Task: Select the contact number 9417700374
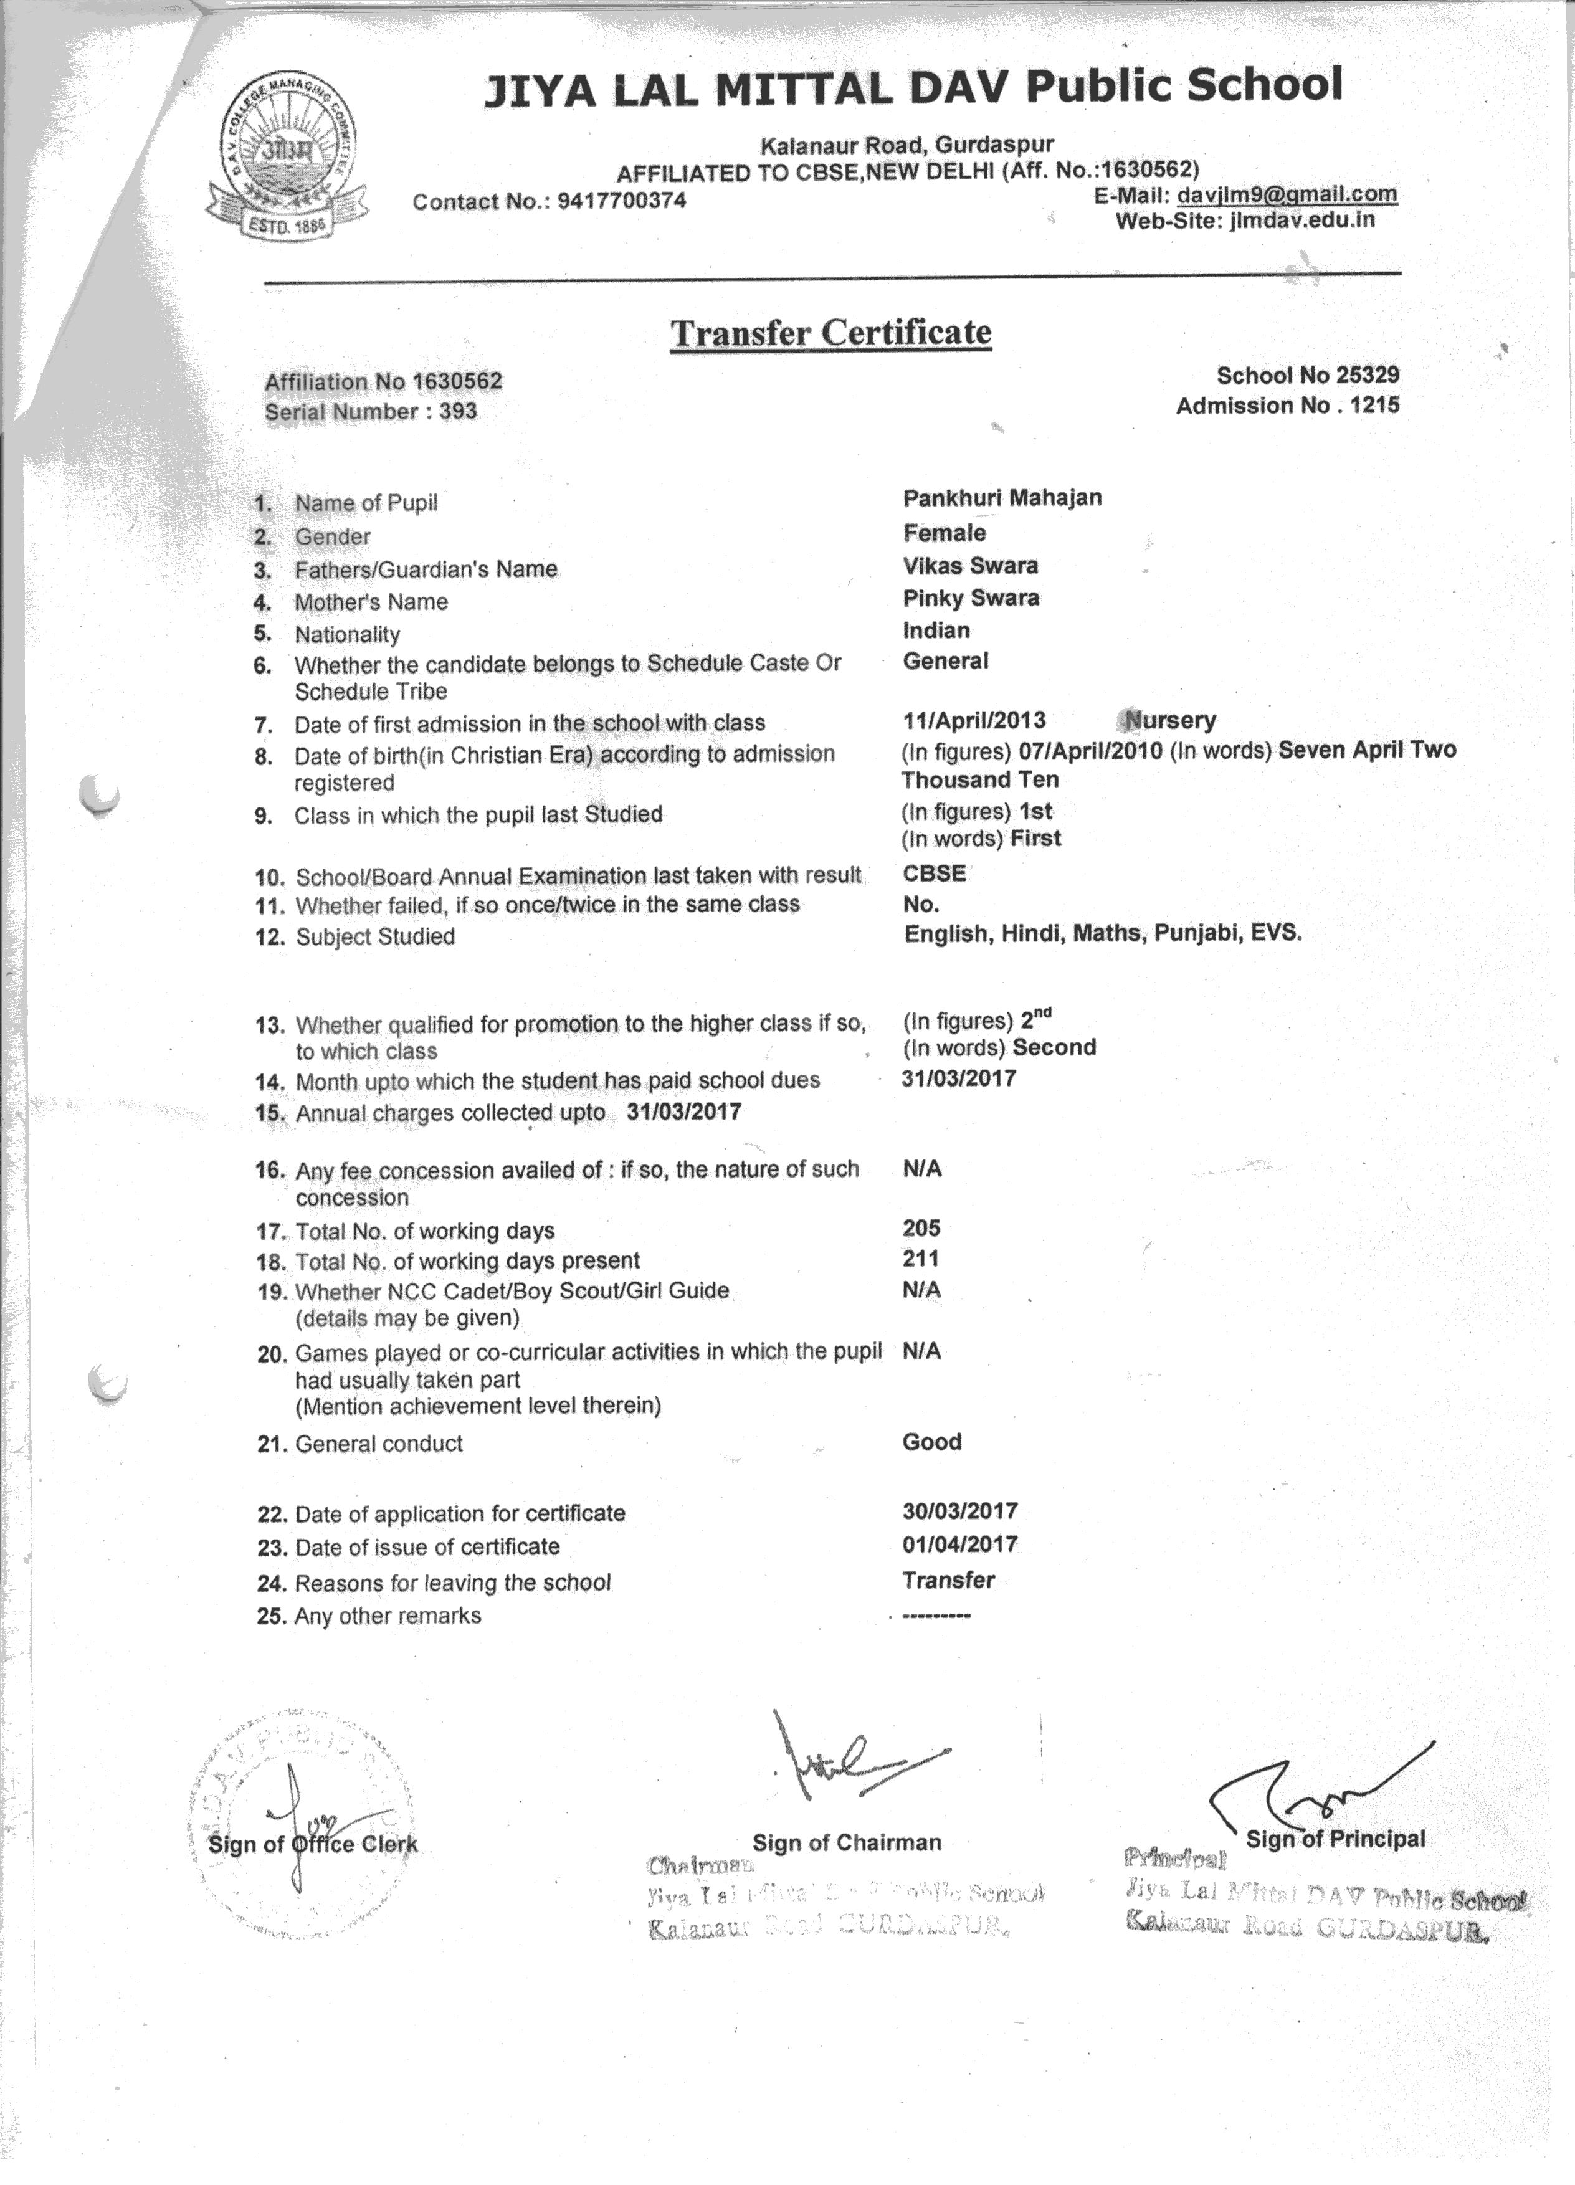click(621, 201)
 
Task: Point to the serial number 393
click(459, 412)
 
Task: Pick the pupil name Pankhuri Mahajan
click(1002, 498)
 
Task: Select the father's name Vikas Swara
click(970, 566)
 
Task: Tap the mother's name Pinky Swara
click(971, 598)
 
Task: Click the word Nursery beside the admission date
click(1171, 721)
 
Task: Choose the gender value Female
click(944, 533)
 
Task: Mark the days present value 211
click(921, 1258)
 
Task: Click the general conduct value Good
click(931, 1442)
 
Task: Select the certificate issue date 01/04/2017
click(959, 1545)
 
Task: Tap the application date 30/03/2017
click(959, 1511)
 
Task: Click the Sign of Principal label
click(1335, 1839)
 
